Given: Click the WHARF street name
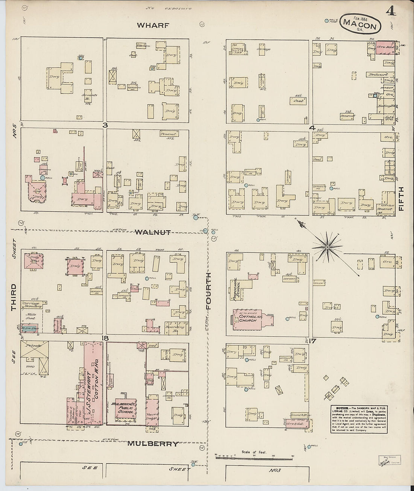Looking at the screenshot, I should point(153,26).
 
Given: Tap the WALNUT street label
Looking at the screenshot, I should point(153,232).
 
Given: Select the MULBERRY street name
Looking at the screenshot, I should point(153,444).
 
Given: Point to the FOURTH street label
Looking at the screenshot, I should point(209,291).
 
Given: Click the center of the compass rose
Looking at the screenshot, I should point(327,247).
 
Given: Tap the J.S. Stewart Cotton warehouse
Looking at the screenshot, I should point(93,384).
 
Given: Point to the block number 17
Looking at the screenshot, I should point(313,341).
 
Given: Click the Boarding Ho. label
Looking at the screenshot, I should point(175,327).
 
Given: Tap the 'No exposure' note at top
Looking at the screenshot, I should point(169,8).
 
